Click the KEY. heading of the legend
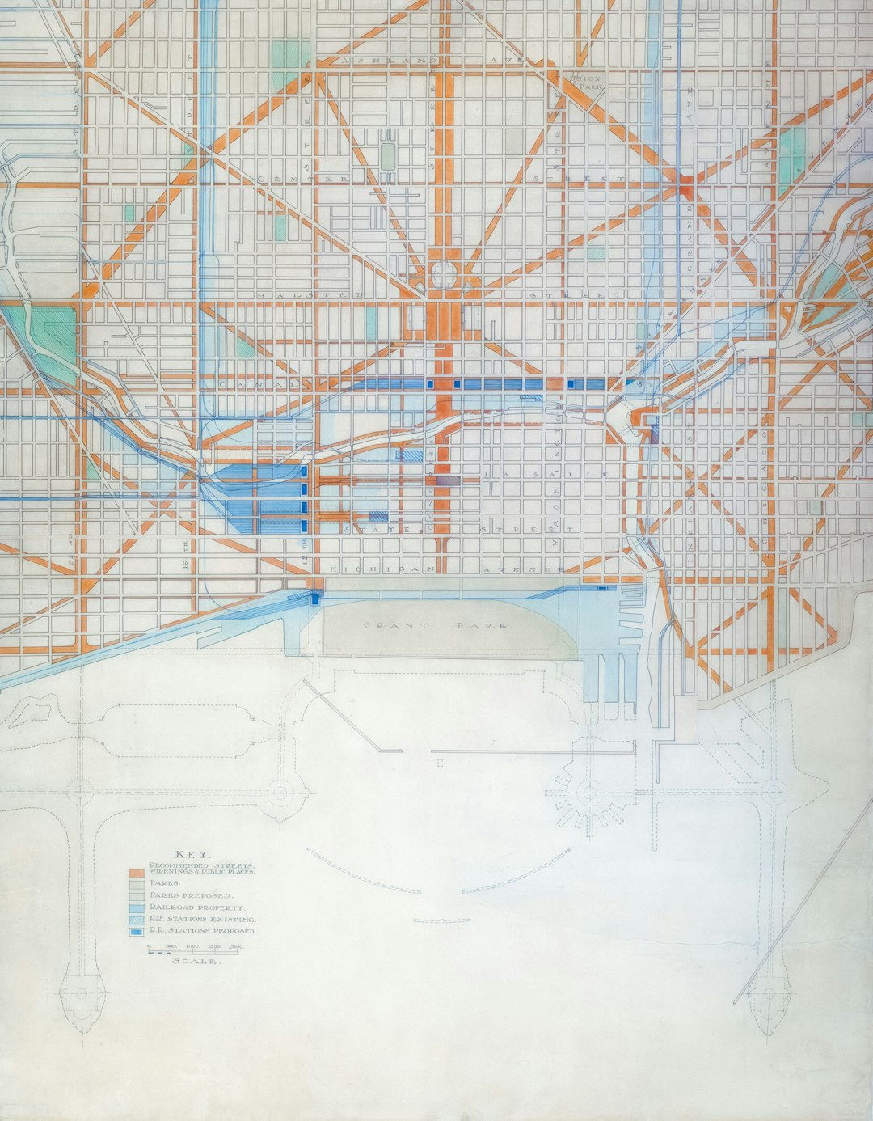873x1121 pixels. (194, 855)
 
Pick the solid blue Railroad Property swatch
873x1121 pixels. (136, 908)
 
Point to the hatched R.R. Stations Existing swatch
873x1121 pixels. (136, 920)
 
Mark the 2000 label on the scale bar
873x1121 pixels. (237, 945)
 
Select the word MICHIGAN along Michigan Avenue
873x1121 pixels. (382, 570)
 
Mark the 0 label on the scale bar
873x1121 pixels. (149, 945)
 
